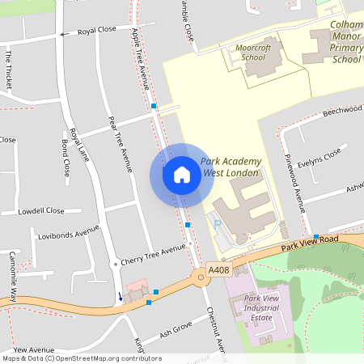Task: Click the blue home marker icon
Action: click(182, 175)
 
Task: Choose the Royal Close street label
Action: click(97, 31)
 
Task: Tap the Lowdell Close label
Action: click(41, 211)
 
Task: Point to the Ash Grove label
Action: click(176, 330)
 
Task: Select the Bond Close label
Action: click(65, 159)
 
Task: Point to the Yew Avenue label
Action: click(32, 349)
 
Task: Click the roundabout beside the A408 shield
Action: click(200, 279)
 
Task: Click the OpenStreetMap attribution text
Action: click(81, 358)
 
